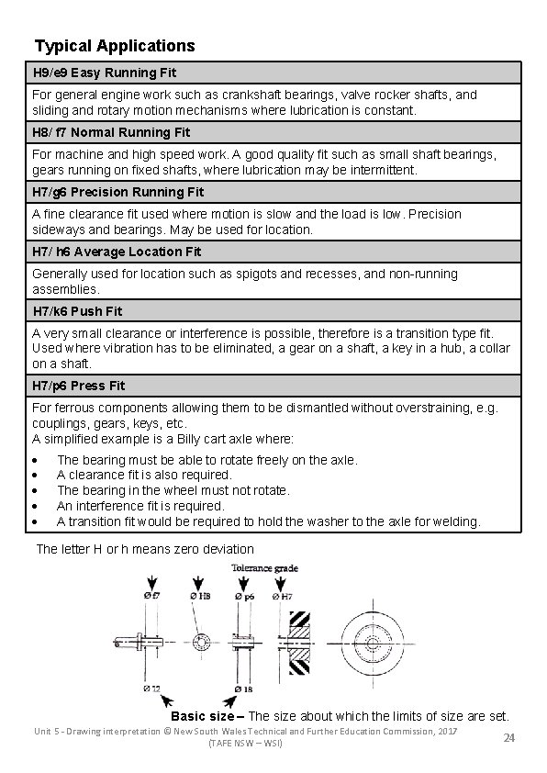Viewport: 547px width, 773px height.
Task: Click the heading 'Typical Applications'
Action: click(x=115, y=45)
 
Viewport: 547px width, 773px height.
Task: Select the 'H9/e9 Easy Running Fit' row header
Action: click(x=105, y=73)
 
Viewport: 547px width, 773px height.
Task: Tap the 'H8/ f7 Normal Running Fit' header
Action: click(x=111, y=132)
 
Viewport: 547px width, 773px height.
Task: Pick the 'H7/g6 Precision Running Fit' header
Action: click(x=118, y=192)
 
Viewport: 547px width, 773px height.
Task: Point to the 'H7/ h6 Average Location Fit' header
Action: click(x=116, y=252)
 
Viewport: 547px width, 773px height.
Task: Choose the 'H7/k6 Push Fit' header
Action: click(x=77, y=311)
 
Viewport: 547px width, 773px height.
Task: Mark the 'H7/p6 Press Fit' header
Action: click(x=79, y=386)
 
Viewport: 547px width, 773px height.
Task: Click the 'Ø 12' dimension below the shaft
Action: click(x=152, y=688)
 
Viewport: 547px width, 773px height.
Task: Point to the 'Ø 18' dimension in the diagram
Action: click(x=243, y=688)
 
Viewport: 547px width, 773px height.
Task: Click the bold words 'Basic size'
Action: click(x=203, y=715)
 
